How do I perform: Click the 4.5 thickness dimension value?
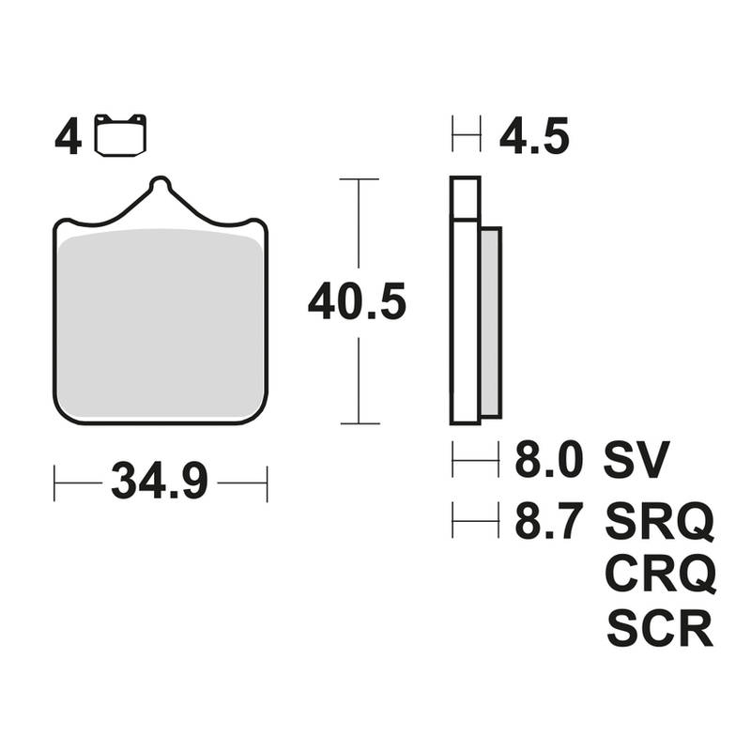533,138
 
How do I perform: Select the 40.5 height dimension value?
357,301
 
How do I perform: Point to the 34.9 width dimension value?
160,482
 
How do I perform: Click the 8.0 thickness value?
548,460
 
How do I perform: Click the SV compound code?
636,460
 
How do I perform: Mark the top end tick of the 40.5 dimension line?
358,178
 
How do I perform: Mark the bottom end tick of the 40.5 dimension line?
358,423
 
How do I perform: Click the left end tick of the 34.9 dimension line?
55,483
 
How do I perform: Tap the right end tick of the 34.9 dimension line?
268,483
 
